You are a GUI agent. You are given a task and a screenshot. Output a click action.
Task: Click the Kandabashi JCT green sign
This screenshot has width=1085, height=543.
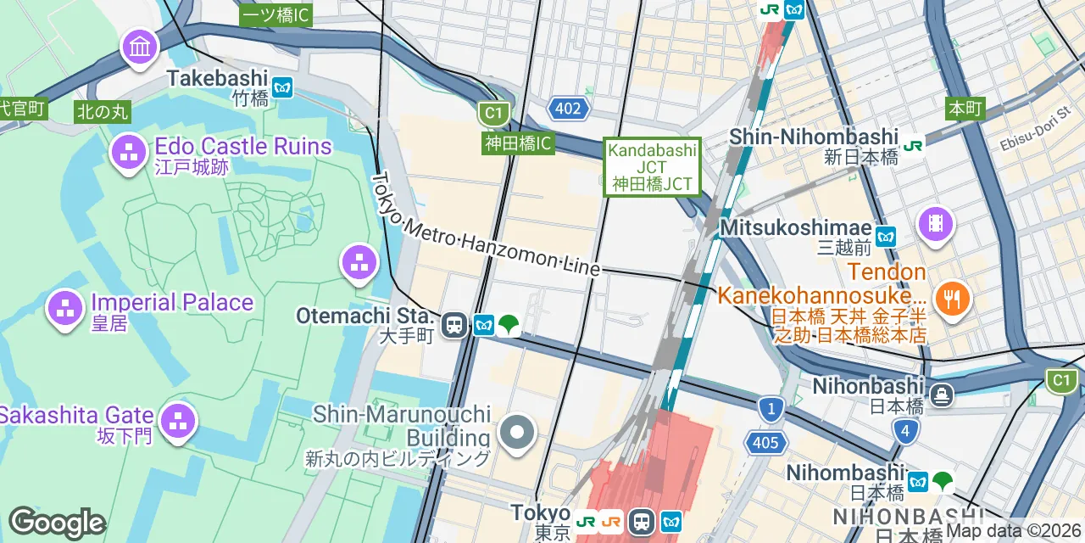[652, 166]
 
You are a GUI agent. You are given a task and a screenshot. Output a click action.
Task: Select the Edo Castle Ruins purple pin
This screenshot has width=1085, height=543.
[130, 153]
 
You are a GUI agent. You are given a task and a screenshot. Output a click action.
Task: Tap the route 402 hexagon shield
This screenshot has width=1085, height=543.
[568, 108]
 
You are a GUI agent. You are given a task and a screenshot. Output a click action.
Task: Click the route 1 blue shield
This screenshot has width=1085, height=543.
[771, 409]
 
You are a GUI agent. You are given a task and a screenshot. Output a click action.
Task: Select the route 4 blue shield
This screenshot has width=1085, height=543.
[905, 432]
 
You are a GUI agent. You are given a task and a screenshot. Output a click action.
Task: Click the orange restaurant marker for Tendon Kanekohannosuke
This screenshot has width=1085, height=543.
[953, 299]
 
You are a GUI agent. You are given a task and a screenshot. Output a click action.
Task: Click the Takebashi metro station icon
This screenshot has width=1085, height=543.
[282, 87]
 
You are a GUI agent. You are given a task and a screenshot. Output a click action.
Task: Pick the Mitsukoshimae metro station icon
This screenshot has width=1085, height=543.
[886, 237]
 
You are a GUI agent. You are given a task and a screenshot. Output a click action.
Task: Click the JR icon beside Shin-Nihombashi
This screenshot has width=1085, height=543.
[913, 145]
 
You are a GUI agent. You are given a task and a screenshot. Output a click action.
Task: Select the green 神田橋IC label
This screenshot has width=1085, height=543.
[519, 143]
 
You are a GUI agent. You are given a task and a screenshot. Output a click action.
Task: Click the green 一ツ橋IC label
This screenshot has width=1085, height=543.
[276, 15]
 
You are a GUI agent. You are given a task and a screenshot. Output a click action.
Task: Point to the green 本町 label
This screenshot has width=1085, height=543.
[965, 108]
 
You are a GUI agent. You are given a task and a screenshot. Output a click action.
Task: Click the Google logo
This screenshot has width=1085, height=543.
[57, 523]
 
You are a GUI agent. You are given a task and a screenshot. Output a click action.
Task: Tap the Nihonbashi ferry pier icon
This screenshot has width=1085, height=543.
[942, 395]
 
